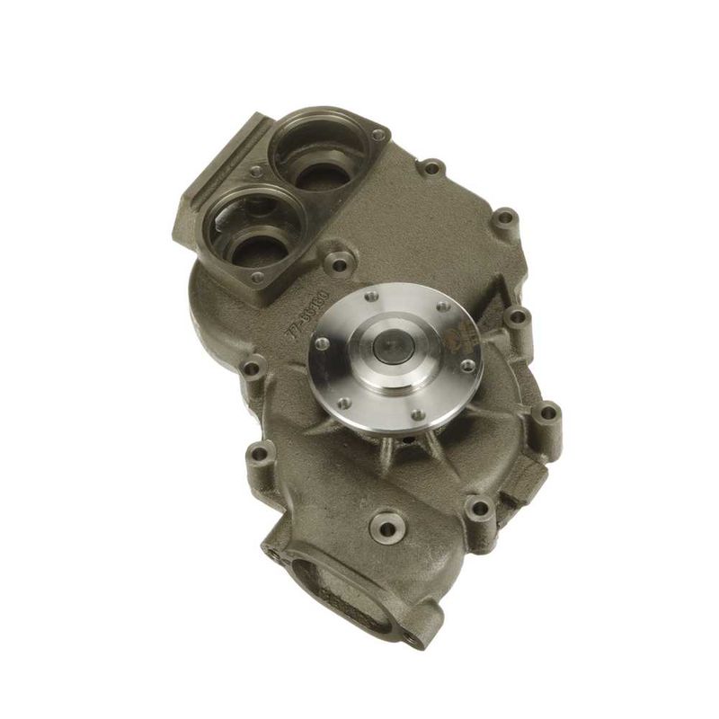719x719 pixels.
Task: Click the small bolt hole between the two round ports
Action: coord(257,170)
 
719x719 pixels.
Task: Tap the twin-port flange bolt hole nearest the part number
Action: coord(259,277)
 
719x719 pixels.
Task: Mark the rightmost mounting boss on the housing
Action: coord(549,414)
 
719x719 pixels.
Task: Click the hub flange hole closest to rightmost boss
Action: coord(467,365)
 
